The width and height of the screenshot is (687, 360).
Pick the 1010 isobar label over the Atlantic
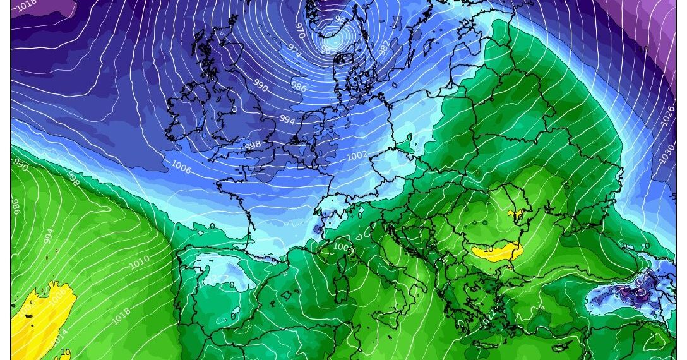point(140,262)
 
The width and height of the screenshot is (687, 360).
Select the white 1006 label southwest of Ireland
point(182,166)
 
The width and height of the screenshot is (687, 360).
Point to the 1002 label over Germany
point(356,155)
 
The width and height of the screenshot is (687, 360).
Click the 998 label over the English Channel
point(253,145)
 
